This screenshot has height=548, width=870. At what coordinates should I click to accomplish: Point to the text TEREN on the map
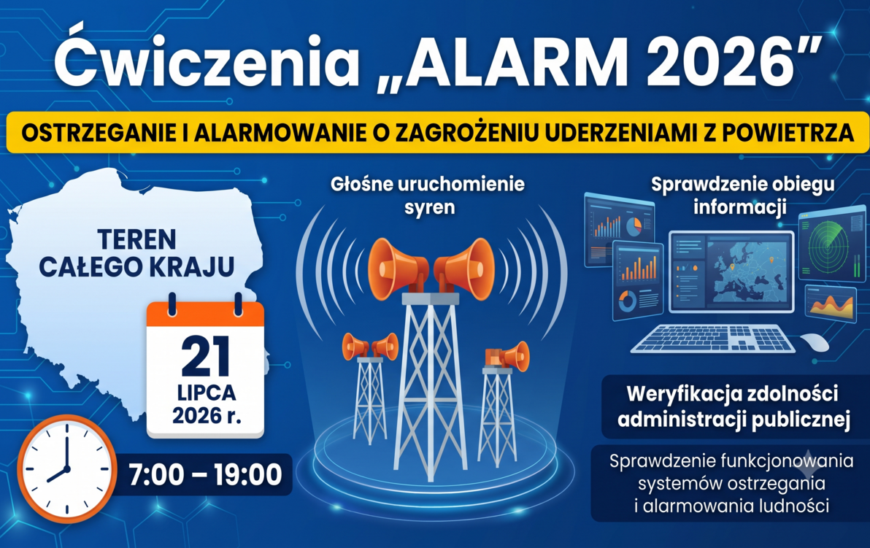tap(136, 239)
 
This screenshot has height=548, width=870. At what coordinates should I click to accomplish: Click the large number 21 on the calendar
tap(205, 357)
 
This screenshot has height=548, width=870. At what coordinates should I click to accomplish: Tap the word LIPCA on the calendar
tap(207, 393)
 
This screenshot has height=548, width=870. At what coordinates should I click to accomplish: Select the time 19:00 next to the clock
tap(248, 475)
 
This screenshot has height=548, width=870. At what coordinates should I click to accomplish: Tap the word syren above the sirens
tap(429, 208)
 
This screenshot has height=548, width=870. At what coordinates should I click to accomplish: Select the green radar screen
tap(828, 243)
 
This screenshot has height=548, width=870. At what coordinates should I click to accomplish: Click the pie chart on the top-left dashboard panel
tap(634, 225)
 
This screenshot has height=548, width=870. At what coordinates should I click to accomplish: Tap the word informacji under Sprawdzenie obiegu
tap(739, 207)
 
